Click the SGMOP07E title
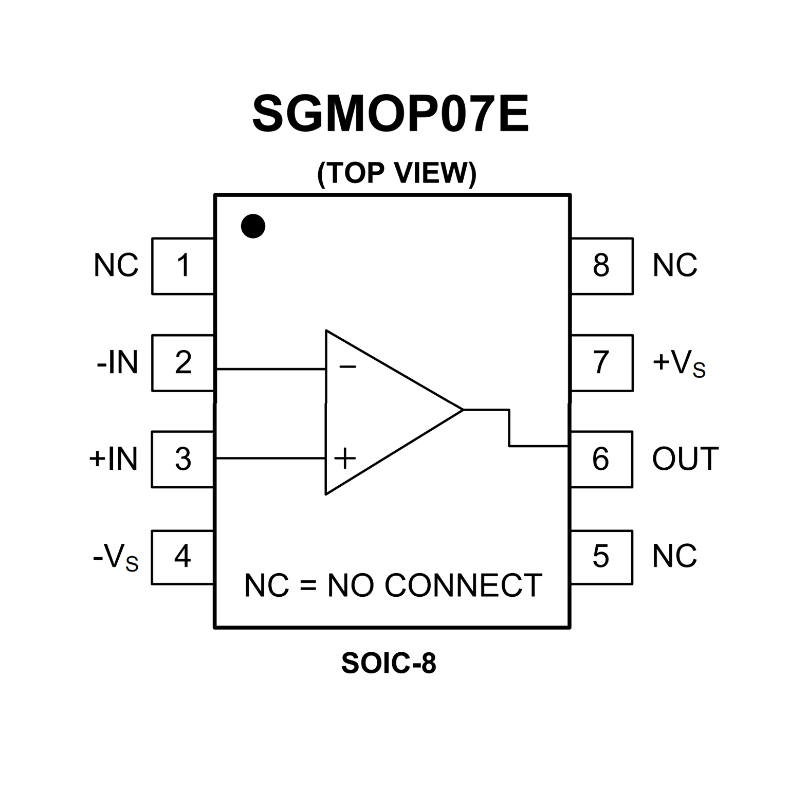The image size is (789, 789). (391, 114)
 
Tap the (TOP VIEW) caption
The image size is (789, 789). (397, 173)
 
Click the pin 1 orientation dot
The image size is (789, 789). (253, 226)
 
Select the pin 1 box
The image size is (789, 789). (183, 266)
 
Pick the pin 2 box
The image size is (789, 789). (183, 362)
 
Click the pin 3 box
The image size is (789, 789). (183, 459)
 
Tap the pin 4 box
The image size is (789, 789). (183, 557)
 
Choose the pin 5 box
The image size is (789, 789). (601, 557)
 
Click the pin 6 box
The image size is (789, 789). (601, 459)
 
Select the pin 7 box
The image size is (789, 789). (601, 362)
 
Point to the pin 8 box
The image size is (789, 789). (601, 266)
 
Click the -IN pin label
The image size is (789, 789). (117, 362)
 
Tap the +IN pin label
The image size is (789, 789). (114, 459)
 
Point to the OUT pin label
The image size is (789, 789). (685, 459)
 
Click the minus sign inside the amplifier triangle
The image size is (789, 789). (347, 366)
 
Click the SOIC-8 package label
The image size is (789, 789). (389, 663)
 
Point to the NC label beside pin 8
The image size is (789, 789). (674, 266)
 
